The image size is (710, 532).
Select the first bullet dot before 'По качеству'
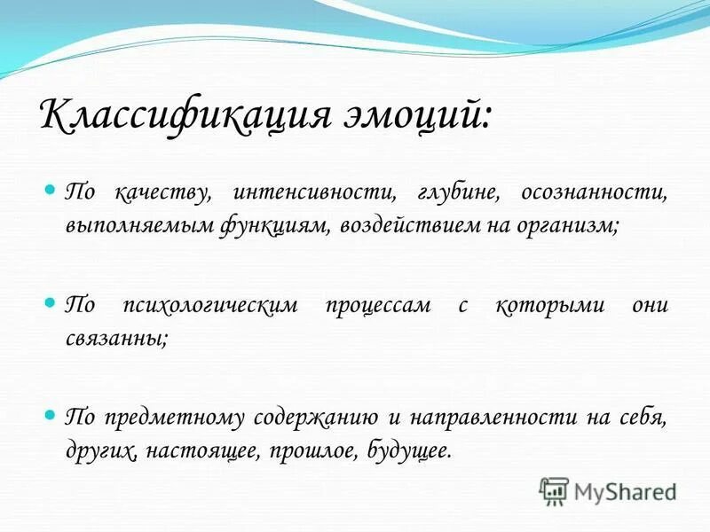tap(51, 191)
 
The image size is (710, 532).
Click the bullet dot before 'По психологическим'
tap(51, 303)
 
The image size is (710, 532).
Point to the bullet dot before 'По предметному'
tap(51, 415)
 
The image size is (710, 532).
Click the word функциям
tap(277, 225)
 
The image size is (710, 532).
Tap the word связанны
tap(114, 338)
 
